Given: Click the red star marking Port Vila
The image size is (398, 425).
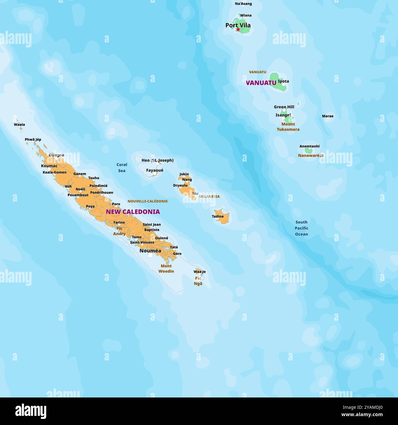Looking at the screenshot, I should pyautogui.click(x=238, y=29).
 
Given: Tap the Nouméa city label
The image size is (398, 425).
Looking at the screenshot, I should pyautogui.click(x=150, y=251).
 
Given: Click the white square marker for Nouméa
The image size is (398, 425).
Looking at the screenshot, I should pyautogui.click(x=150, y=255).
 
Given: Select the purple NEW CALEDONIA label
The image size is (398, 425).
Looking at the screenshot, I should pyautogui.click(x=133, y=212).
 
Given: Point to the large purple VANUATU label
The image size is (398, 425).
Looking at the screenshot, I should pyautogui.click(x=261, y=83).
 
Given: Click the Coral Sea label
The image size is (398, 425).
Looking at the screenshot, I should pyautogui.click(x=122, y=168).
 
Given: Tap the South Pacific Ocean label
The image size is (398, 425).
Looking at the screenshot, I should pyautogui.click(x=301, y=228).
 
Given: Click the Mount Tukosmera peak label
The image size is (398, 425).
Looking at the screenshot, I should pyautogui.click(x=288, y=127).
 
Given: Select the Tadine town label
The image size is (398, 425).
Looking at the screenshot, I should pyautogui.click(x=218, y=216).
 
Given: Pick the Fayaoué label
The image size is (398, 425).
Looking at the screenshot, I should pyautogui.click(x=155, y=170).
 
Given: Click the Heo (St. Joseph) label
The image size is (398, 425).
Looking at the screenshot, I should pyautogui.click(x=157, y=160).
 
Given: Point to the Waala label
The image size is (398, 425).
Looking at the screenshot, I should pyautogui.click(x=19, y=124).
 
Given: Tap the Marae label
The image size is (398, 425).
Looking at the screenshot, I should pyautogui.click(x=328, y=116).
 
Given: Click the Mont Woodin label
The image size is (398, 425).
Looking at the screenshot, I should pyautogui.click(x=166, y=268).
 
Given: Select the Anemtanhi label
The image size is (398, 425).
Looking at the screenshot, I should pyautogui.click(x=310, y=146).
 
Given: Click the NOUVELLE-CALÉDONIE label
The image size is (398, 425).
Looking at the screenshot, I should pyautogui.click(x=148, y=201).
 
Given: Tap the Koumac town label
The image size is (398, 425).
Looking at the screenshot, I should pyautogui.click(x=49, y=166).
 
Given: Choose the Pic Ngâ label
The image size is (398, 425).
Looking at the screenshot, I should pyautogui.click(x=198, y=281).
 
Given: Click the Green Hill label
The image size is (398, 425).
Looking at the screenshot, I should pyautogui.click(x=284, y=107).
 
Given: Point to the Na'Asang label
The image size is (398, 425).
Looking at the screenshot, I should pyautogui.click(x=243, y=4).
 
